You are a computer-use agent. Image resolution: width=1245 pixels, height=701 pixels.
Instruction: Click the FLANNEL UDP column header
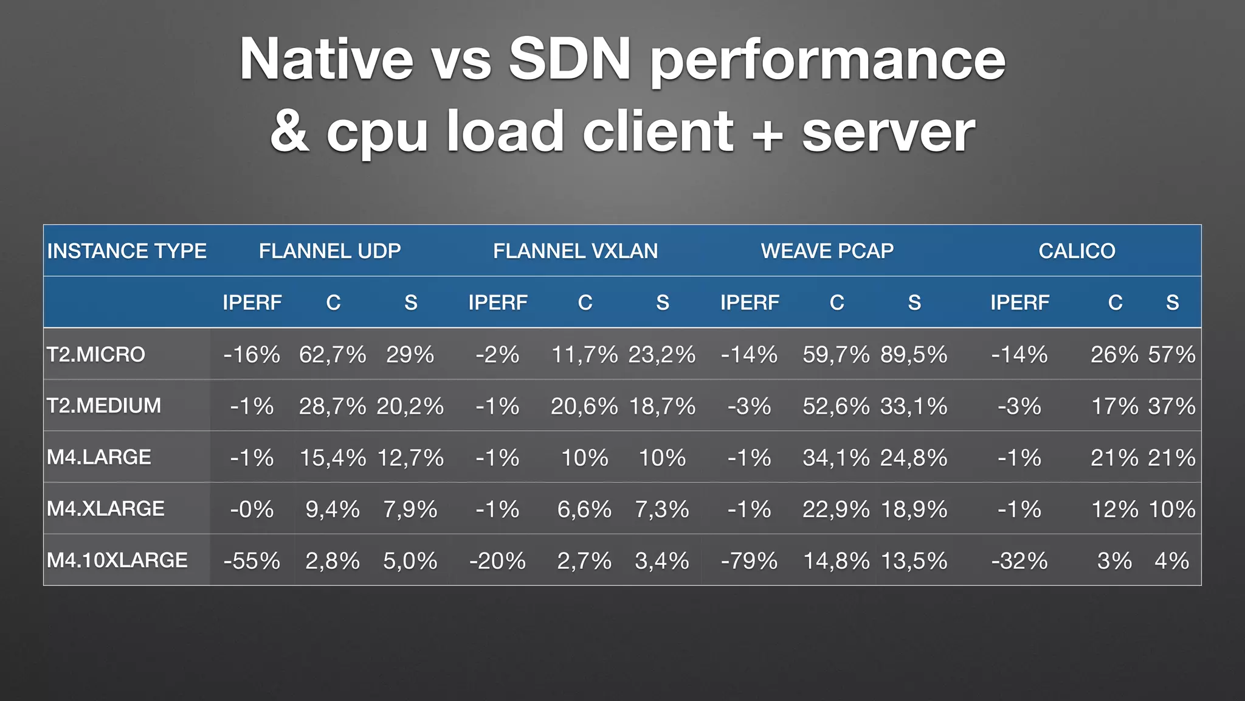coord(329,251)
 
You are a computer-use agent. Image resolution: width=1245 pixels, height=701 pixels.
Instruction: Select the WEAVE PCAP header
coord(827,251)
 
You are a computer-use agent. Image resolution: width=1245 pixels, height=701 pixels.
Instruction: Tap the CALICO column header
coord(1077,251)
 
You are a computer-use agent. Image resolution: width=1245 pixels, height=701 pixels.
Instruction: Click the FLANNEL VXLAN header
coord(575,251)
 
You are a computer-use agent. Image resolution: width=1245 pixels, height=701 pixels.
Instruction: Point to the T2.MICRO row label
coord(96,354)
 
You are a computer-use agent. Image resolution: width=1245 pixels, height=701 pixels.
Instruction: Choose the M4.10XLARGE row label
coord(117,560)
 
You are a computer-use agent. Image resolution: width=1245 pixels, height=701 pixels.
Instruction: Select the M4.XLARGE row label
coord(106,509)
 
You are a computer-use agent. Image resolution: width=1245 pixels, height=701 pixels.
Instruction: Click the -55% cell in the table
coord(252,560)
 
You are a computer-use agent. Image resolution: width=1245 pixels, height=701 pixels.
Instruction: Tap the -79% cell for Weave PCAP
coord(749,560)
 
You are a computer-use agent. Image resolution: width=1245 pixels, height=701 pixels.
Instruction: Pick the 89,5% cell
coord(914,354)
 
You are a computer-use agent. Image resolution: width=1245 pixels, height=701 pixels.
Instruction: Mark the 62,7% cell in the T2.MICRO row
coord(333,354)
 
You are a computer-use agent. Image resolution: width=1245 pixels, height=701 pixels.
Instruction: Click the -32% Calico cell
coord(1019,560)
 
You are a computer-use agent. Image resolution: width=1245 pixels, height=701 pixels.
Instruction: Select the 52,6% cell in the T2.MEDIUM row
coord(836,406)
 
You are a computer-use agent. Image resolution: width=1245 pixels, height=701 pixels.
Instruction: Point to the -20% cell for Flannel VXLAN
coord(497,560)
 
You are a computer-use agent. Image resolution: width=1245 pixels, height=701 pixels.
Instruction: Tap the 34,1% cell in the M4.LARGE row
coord(836,458)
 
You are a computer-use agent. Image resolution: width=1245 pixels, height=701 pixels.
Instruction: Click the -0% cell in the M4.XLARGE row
coord(252,509)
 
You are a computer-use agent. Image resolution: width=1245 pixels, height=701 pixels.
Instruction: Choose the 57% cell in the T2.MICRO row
coord(1171,354)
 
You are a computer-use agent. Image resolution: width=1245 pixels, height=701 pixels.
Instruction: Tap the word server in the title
coord(888,131)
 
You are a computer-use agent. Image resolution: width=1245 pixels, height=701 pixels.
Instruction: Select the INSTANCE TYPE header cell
coord(127,251)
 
